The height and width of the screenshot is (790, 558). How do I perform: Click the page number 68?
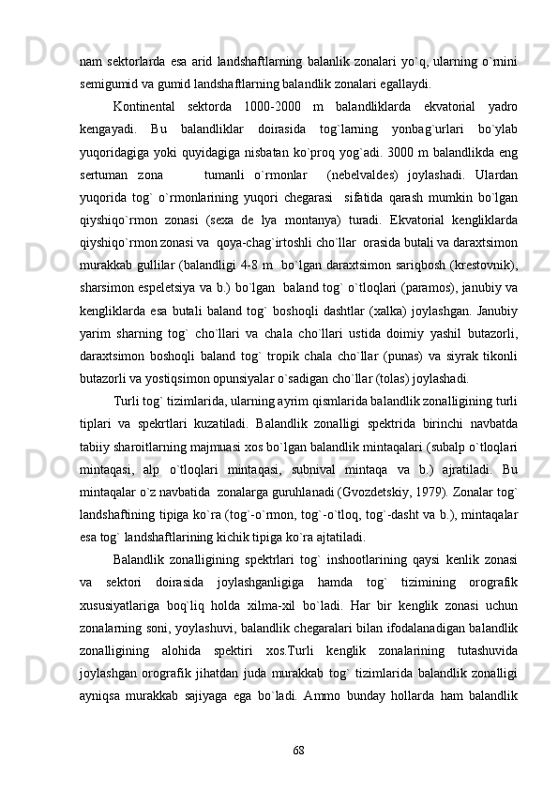pos(297,751)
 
